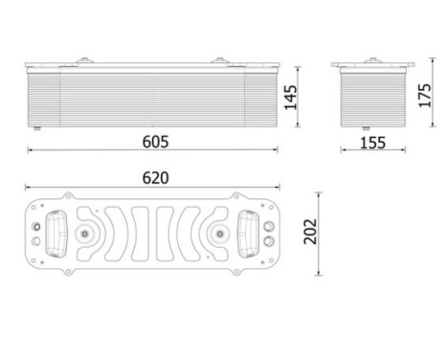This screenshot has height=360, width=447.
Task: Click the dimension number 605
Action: tap(155, 141)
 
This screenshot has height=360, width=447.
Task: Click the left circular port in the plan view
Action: tap(87, 232)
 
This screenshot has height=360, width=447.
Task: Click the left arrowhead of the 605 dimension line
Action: tap(30, 150)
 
